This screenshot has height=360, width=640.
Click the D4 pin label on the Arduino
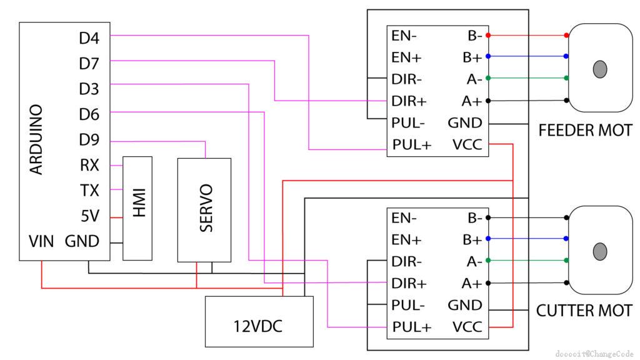point(89,39)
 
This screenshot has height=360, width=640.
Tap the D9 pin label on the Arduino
point(89,139)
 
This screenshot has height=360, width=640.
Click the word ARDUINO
point(36,140)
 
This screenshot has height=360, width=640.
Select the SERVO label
point(205,208)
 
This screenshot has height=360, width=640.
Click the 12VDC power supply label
point(259,326)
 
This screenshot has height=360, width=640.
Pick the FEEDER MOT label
point(585,131)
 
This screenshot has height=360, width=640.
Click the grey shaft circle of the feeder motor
point(601,69)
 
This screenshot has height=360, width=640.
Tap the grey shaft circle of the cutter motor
point(601,251)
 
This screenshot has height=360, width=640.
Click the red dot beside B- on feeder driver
point(488,35)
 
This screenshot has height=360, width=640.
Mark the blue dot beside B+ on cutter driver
point(488,239)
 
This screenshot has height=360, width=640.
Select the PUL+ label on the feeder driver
point(412,145)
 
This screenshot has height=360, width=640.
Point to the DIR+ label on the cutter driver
point(409,283)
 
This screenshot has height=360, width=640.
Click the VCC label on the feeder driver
point(467,145)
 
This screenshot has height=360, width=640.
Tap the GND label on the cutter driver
point(465,305)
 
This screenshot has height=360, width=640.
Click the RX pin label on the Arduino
point(90,166)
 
